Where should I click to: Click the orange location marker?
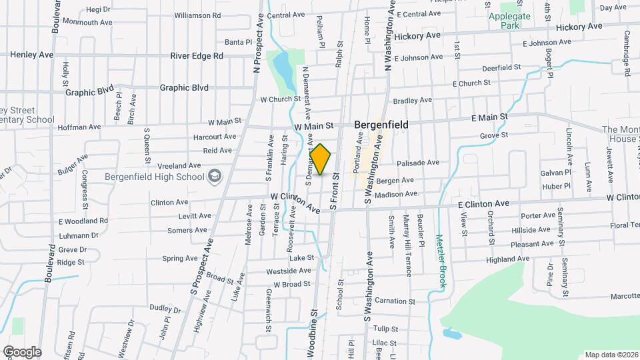coord(321,160)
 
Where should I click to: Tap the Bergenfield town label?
coord(381,124)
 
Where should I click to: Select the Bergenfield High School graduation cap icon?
coord(215,176)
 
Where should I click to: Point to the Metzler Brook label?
coord(441,261)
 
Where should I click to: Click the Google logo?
coord(21,352)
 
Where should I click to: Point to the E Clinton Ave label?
coord(483,203)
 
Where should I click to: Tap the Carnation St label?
coord(395,301)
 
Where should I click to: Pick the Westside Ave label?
coord(289,271)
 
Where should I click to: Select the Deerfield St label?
coord(501,68)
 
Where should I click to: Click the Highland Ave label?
coord(507,259)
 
